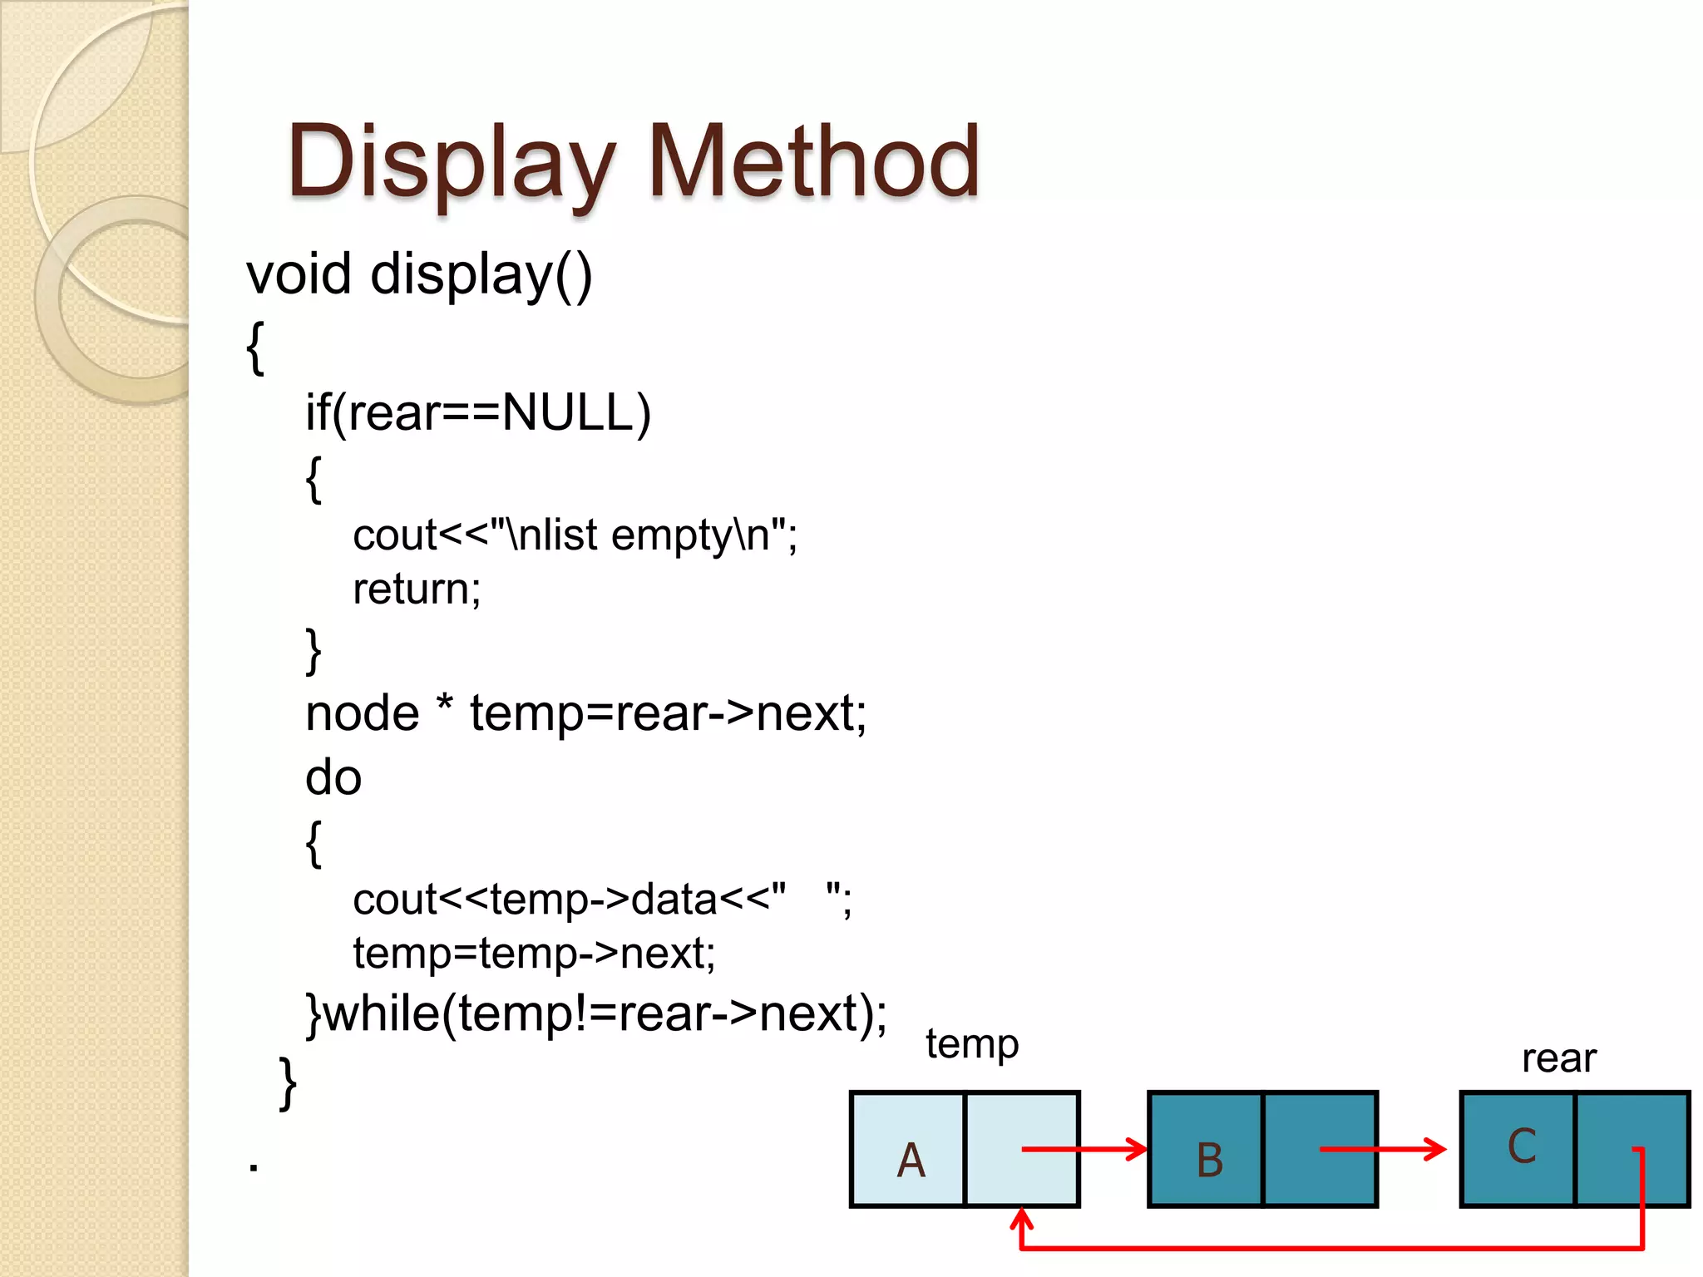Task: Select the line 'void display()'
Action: point(419,274)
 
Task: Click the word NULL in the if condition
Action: point(568,412)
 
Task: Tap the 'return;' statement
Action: point(417,589)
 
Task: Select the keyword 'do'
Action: point(333,778)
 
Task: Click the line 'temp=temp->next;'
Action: point(534,954)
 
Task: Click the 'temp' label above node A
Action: point(972,1044)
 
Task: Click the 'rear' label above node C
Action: point(1559,1059)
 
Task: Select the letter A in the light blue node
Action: point(911,1160)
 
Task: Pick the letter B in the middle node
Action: point(1210,1160)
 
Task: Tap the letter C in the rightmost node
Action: point(1522,1146)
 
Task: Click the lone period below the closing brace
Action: point(254,1167)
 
